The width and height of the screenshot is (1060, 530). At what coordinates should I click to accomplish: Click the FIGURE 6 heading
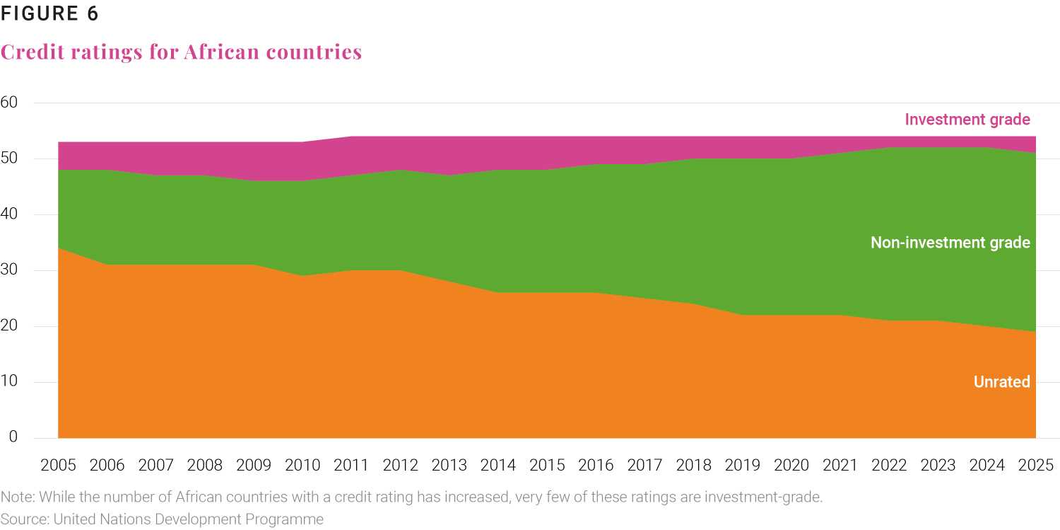(49, 13)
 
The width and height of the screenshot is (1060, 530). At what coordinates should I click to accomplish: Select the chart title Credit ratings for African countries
(181, 52)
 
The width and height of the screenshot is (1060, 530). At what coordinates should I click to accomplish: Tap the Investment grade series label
(967, 120)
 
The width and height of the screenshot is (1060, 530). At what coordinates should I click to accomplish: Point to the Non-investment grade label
(950, 243)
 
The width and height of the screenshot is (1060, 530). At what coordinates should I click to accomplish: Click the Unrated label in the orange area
(1001, 382)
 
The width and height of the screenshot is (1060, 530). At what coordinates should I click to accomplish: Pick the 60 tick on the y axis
(9, 103)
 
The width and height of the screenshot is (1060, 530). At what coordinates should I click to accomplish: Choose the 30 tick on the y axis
(9, 270)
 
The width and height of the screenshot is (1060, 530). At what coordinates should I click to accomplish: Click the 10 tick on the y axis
(9, 382)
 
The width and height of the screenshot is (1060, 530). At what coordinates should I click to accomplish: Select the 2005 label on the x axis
(58, 465)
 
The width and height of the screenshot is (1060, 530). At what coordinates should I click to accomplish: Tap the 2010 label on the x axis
(302, 465)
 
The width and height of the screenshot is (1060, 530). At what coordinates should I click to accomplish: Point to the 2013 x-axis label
(449, 465)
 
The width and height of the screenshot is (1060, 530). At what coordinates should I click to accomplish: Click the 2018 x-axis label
(694, 465)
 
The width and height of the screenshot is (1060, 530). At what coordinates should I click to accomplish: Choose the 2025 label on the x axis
(1035, 465)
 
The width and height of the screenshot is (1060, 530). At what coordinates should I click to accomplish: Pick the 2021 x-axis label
(840, 465)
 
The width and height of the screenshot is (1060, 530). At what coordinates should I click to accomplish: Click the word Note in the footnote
(14, 497)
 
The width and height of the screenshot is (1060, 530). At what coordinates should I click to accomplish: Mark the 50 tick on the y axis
(9, 159)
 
